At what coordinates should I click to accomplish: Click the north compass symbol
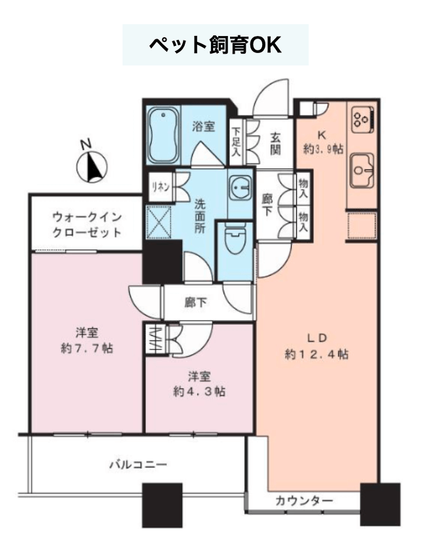pos(91,167)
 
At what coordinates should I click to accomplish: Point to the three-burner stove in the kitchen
pos(363,119)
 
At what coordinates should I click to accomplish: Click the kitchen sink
pos(362,170)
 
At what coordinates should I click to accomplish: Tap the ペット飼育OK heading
pos(215,45)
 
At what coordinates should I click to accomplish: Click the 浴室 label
pos(203,126)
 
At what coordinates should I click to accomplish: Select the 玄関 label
pos(275,143)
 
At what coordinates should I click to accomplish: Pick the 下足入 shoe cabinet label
pos(236,143)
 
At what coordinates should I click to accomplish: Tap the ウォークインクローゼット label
pos(87,225)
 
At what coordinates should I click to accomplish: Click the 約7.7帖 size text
pos(87,348)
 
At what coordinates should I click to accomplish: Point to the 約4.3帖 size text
pos(199,391)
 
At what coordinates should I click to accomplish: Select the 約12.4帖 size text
pos(317,354)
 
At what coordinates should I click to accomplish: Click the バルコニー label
pos(138,464)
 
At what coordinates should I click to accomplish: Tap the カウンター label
pos(304,500)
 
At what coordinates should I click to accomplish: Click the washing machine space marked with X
pos(159,222)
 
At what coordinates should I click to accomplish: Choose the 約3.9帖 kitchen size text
pos(324,149)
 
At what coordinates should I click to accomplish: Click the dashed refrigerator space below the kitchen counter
pos(362,226)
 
